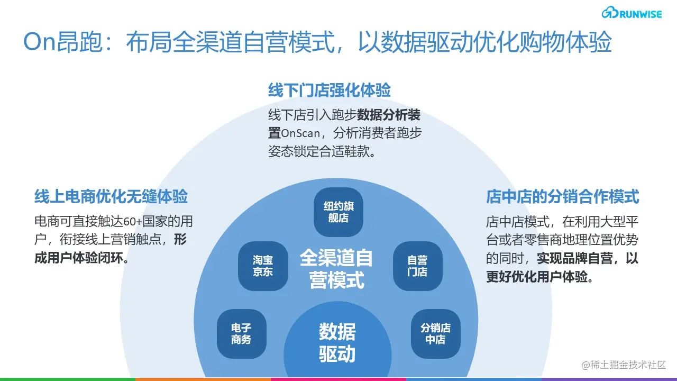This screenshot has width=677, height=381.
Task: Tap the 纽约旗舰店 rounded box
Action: (x=338, y=212)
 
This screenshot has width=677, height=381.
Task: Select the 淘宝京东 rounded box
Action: (x=263, y=266)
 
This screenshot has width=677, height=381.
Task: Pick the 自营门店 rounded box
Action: (x=417, y=266)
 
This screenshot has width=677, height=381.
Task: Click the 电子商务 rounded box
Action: (x=241, y=334)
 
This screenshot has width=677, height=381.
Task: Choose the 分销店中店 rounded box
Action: (x=435, y=334)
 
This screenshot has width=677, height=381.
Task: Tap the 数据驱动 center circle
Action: (x=337, y=343)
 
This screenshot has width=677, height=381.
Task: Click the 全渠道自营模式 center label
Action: (x=337, y=269)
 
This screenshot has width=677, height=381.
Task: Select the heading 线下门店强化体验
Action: (x=329, y=90)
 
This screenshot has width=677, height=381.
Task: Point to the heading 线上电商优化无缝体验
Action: (x=111, y=197)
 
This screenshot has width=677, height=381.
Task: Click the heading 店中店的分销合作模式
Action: (x=563, y=197)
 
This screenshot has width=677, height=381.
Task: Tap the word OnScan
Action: (x=300, y=133)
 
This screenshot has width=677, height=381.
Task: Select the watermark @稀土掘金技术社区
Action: (x=624, y=365)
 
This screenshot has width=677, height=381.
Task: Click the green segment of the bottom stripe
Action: (x=68, y=379)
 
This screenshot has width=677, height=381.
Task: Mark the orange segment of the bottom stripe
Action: (x=203, y=379)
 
